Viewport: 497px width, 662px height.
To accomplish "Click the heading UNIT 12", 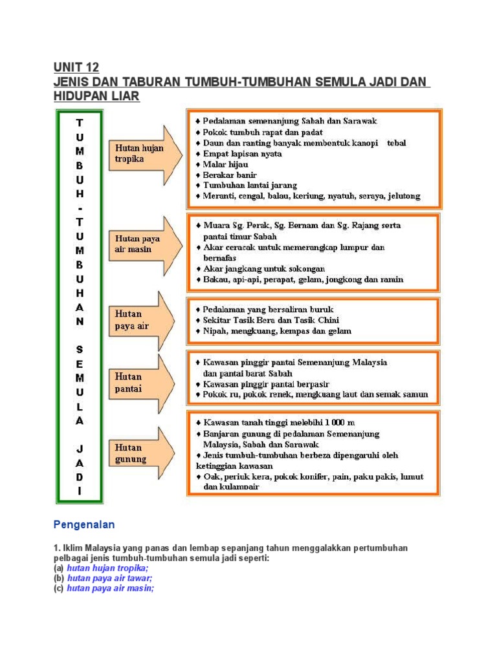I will coord(76,68).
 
